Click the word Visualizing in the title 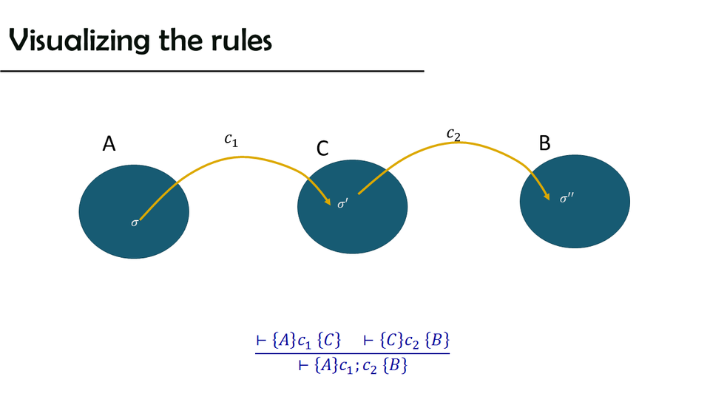click(67, 41)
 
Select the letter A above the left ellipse click(109, 145)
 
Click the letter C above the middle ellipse click(322, 149)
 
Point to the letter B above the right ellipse click(544, 143)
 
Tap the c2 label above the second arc click(453, 134)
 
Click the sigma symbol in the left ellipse click(135, 222)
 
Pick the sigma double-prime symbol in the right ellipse click(567, 198)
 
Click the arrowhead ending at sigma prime click(326, 199)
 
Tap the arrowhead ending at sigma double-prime click(547, 196)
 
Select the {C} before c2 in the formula click(392, 341)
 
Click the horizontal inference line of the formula click(352, 353)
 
